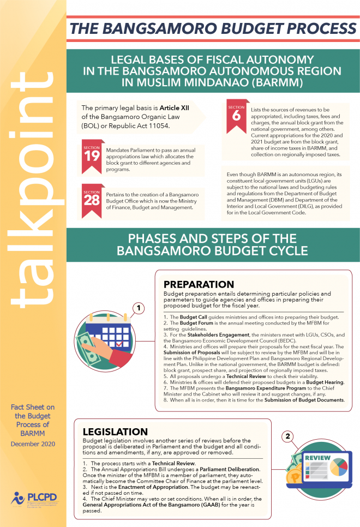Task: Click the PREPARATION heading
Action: (199, 284)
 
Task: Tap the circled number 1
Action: (140, 308)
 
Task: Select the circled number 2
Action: (289, 435)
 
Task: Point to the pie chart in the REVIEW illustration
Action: (338, 468)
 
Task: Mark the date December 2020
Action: (33, 444)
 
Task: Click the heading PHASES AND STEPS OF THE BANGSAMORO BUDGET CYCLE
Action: (213, 245)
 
